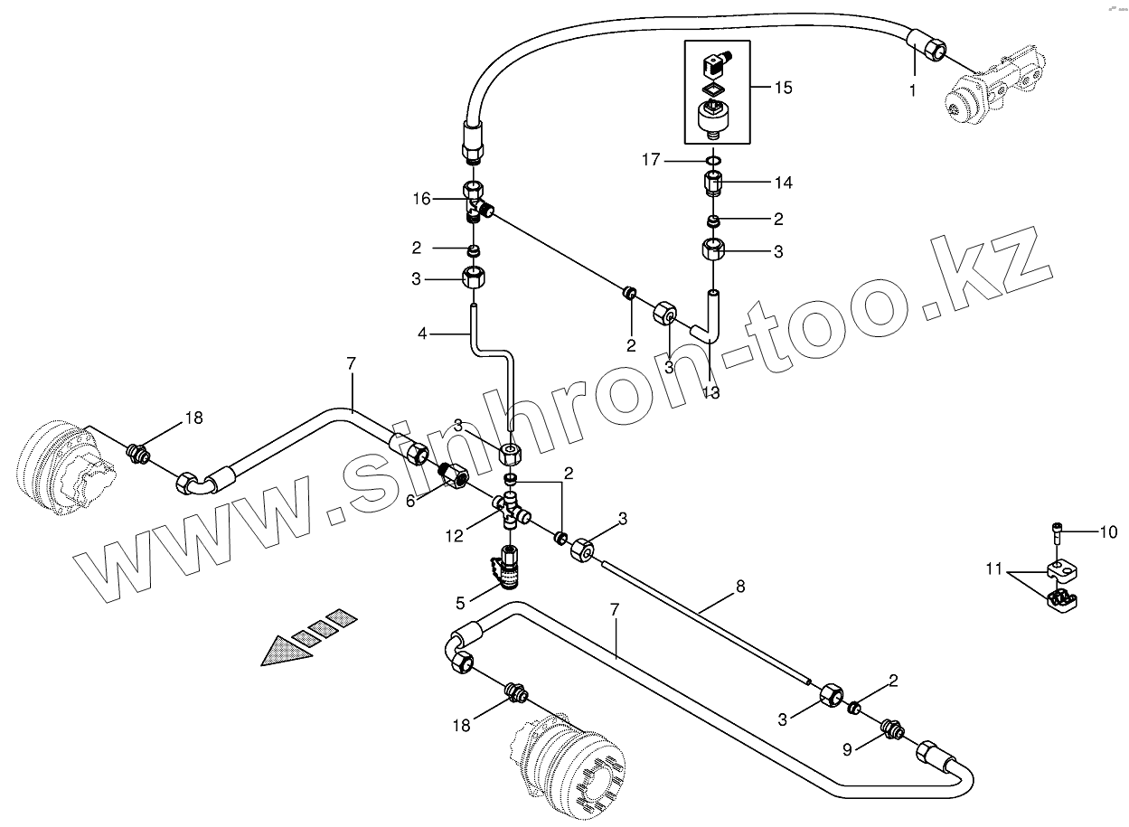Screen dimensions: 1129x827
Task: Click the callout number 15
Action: [782, 88]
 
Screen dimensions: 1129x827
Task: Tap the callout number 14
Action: [783, 183]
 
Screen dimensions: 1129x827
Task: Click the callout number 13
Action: [710, 392]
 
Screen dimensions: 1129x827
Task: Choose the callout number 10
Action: [1108, 532]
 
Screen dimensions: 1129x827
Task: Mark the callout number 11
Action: [994, 569]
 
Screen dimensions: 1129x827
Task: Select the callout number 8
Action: [739, 586]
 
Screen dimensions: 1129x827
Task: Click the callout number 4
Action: [422, 334]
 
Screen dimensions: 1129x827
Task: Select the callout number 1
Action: [912, 90]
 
